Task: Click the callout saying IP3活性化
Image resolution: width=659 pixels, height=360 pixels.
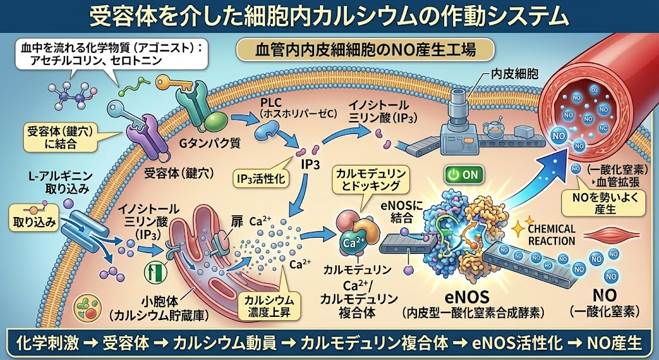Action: (x=261, y=180)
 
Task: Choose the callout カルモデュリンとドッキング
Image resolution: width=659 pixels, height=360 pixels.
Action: (x=370, y=180)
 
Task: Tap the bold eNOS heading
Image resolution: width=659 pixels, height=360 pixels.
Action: (x=472, y=297)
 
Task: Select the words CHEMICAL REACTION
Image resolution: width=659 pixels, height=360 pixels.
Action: (x=552, y=234)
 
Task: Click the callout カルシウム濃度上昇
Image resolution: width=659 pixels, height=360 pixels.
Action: (x=269, y=307)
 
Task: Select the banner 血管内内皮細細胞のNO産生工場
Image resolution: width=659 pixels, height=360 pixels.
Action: (x=366, y=50)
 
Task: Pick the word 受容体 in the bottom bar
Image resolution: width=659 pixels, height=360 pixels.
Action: (x=125, y=343)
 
